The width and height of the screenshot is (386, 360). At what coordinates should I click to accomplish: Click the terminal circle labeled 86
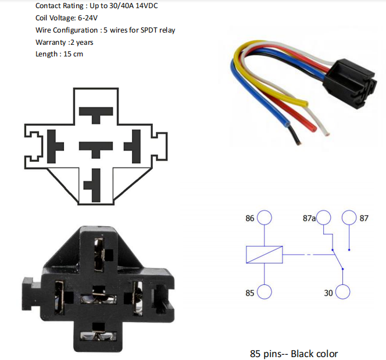click(x=265, y=218)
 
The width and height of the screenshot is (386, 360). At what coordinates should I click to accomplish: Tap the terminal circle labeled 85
click(x=265, y=292)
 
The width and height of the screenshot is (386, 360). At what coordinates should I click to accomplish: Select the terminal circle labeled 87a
click(x=324, y=218)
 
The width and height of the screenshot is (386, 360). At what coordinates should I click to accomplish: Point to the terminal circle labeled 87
click(x=349, y=218)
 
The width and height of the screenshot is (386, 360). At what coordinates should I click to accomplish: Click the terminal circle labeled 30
click(x=342, y=292)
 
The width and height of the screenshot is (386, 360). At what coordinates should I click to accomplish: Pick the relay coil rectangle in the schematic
click(x=265, y=255)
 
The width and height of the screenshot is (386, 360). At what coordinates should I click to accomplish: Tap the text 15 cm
click(x=73, y=54)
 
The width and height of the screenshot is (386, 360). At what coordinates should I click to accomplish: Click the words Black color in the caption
click(x=314, y=354)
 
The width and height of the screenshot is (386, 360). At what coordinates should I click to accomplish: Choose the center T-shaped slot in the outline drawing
click(x=96, y=147)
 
